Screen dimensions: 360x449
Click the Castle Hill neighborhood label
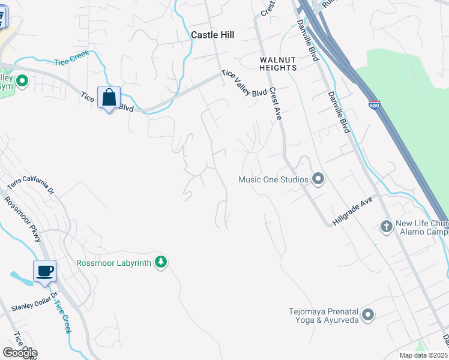pos(212,35)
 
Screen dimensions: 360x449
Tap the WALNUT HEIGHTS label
pos(278,64)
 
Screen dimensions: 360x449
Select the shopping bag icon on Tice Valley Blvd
pos(109,97)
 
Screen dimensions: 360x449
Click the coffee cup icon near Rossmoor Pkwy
pos(44,271)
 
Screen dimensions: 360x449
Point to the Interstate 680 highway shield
pos(375,104)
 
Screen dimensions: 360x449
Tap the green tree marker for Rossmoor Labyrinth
pos(160,262)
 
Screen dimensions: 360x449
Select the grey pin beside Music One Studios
pos(318,179)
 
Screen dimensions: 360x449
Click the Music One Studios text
pos(273,179)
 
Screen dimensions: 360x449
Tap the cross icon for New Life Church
pos(387,226)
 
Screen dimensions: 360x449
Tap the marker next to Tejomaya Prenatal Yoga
pos(368,314)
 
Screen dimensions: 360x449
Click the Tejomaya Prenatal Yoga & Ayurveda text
pos(324,316)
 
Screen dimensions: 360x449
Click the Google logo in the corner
pos(19,352)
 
